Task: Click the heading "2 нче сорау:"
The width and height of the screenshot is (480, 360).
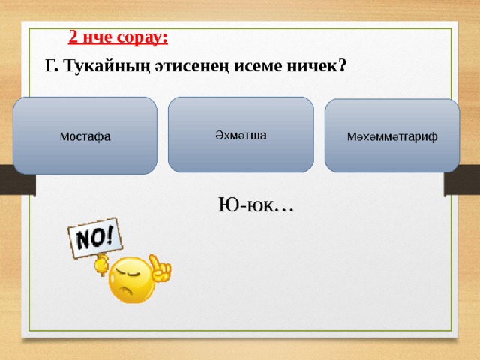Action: click(118, 37)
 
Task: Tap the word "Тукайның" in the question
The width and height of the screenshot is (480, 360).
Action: click(107, 66)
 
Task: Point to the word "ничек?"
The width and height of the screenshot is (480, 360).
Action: click(316, 66)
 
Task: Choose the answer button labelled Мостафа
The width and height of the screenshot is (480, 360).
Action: click(85, 136)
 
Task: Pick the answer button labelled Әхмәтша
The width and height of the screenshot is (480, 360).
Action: click(241, 135)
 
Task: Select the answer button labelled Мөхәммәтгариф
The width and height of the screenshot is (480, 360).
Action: click(392, 136)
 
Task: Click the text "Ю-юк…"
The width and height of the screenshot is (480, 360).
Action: click(256, 205)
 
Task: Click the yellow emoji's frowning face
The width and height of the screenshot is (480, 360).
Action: click(132, 280)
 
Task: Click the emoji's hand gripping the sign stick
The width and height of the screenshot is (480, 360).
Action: click(102, 265)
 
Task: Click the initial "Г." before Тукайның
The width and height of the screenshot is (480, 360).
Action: click(52, 66)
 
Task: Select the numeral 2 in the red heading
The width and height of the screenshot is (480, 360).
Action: click(73, 37)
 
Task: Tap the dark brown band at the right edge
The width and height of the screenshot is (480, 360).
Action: click(462, 180)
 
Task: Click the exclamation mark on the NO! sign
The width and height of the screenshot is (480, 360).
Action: click(109, 235)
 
